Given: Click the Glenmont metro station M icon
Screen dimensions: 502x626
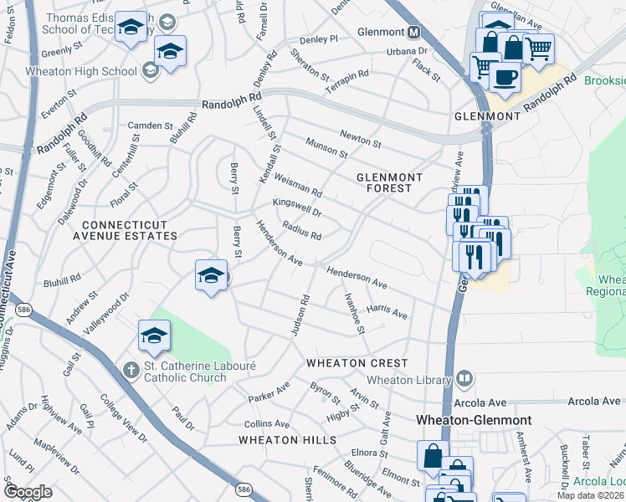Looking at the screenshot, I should pos(413,33).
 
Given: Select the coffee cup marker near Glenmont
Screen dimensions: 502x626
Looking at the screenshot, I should pos(505,77).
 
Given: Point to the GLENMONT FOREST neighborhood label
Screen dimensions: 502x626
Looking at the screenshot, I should pos(385,182).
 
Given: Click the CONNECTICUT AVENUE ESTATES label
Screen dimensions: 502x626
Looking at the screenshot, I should pos(130,230).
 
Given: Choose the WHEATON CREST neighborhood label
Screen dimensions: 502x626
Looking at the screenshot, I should pos(357,363).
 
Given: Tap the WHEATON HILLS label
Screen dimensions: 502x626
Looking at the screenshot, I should pos(287,439).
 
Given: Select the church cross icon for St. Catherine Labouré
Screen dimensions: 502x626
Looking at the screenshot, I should pos(131,369).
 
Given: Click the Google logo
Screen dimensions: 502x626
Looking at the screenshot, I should pos(28,492).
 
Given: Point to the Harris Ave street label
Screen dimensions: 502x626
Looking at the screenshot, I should pos(387,312).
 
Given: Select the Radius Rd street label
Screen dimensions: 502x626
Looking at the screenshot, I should pos(302,230).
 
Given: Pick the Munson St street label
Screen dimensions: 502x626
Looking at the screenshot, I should pos(326,149).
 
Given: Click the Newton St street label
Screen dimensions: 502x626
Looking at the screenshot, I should pos(361,138).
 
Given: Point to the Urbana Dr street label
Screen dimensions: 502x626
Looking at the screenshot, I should pos(408,51).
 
